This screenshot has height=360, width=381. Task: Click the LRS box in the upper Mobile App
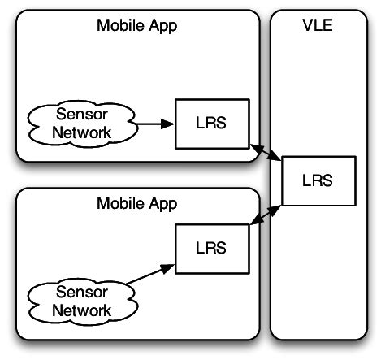(213, 124)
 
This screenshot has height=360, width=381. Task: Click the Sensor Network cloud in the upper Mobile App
(81, 124)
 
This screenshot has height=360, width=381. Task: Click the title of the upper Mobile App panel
(136, 25)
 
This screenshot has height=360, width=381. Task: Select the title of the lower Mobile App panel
(136, 202)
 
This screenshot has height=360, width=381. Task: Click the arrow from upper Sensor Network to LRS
(154, 124)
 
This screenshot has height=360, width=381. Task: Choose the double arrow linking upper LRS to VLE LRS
(266, 153)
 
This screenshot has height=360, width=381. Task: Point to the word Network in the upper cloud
(81, 133)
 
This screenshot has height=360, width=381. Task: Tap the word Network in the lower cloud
(81, 310)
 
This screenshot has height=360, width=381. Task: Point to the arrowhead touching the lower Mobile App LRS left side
(171, 265)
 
